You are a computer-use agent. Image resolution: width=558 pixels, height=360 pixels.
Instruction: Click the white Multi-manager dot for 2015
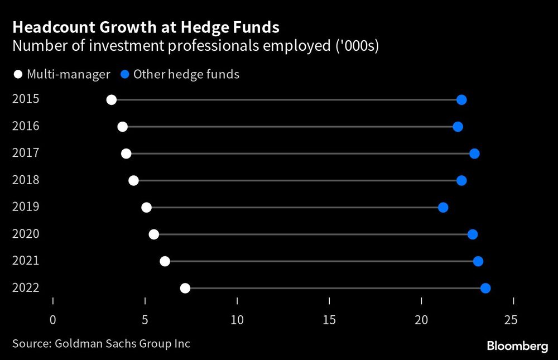coord(112,100)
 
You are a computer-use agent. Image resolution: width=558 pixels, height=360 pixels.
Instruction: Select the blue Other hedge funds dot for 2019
coord(443,208)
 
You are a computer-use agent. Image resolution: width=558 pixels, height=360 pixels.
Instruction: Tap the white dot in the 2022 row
coord(185,288)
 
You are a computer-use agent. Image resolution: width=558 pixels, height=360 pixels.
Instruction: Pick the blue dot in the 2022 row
coord(485,288)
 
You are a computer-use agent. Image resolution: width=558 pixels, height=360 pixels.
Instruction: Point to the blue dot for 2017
coord(474,153)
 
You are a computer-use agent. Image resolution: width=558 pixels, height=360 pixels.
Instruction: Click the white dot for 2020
coord(154,234)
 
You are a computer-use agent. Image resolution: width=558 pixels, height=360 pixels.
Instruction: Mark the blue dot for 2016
coord(458,127)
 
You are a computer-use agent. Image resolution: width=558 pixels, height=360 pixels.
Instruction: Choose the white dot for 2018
coord(133,180)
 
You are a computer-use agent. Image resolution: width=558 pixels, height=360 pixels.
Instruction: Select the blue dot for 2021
coord(478,261)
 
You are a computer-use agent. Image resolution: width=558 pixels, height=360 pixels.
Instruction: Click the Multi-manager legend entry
coord(61,74)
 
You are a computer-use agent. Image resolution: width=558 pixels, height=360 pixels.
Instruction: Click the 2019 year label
coord(26,207)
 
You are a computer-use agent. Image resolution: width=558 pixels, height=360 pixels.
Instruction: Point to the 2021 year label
coord(26,261)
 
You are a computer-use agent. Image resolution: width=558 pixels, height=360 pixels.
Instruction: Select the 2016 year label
coord(26,126)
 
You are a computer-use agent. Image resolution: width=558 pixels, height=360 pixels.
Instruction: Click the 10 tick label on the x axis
coord(237,320)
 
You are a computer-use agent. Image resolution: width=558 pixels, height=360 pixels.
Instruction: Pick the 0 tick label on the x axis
coord(53,320)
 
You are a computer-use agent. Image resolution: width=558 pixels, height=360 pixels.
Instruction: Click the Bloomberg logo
coord(517,347)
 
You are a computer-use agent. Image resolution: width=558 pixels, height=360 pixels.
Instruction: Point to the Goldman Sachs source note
coord(101,343)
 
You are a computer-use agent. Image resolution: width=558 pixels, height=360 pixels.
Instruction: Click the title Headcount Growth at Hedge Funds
coord(146,27)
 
